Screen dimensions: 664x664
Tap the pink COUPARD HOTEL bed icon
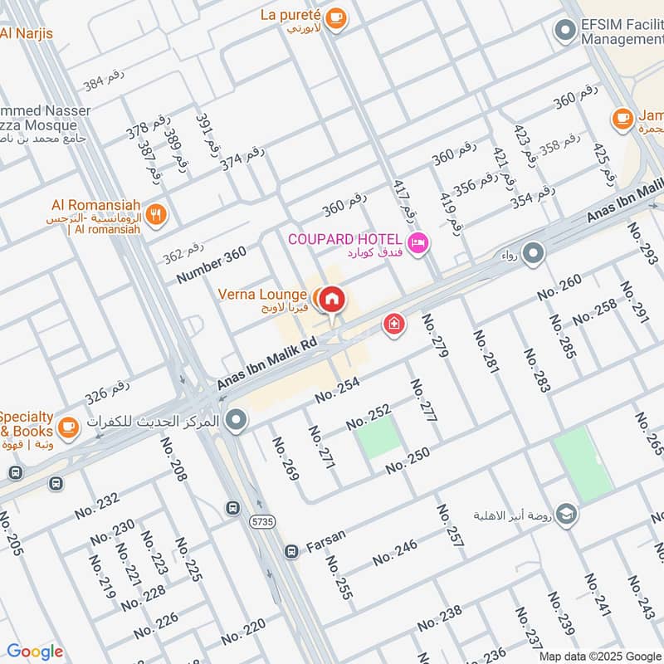(418, 242)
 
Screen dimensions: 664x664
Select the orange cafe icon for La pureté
(335, 18)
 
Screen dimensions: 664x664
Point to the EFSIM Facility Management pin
(564, 31)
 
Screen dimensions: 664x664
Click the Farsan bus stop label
(325, 549)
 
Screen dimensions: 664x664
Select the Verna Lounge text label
(263, 295)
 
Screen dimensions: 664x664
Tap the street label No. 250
(408, 461)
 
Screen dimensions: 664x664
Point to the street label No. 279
(435, 335)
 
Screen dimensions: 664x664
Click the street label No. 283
(537, 369)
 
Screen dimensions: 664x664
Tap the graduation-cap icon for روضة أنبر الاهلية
(568, 514)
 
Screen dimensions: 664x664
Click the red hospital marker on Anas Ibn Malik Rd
(394, 323)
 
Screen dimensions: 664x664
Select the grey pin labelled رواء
(533, 253)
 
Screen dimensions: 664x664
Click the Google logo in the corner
(35, 652)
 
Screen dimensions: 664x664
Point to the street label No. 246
(395, 553)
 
